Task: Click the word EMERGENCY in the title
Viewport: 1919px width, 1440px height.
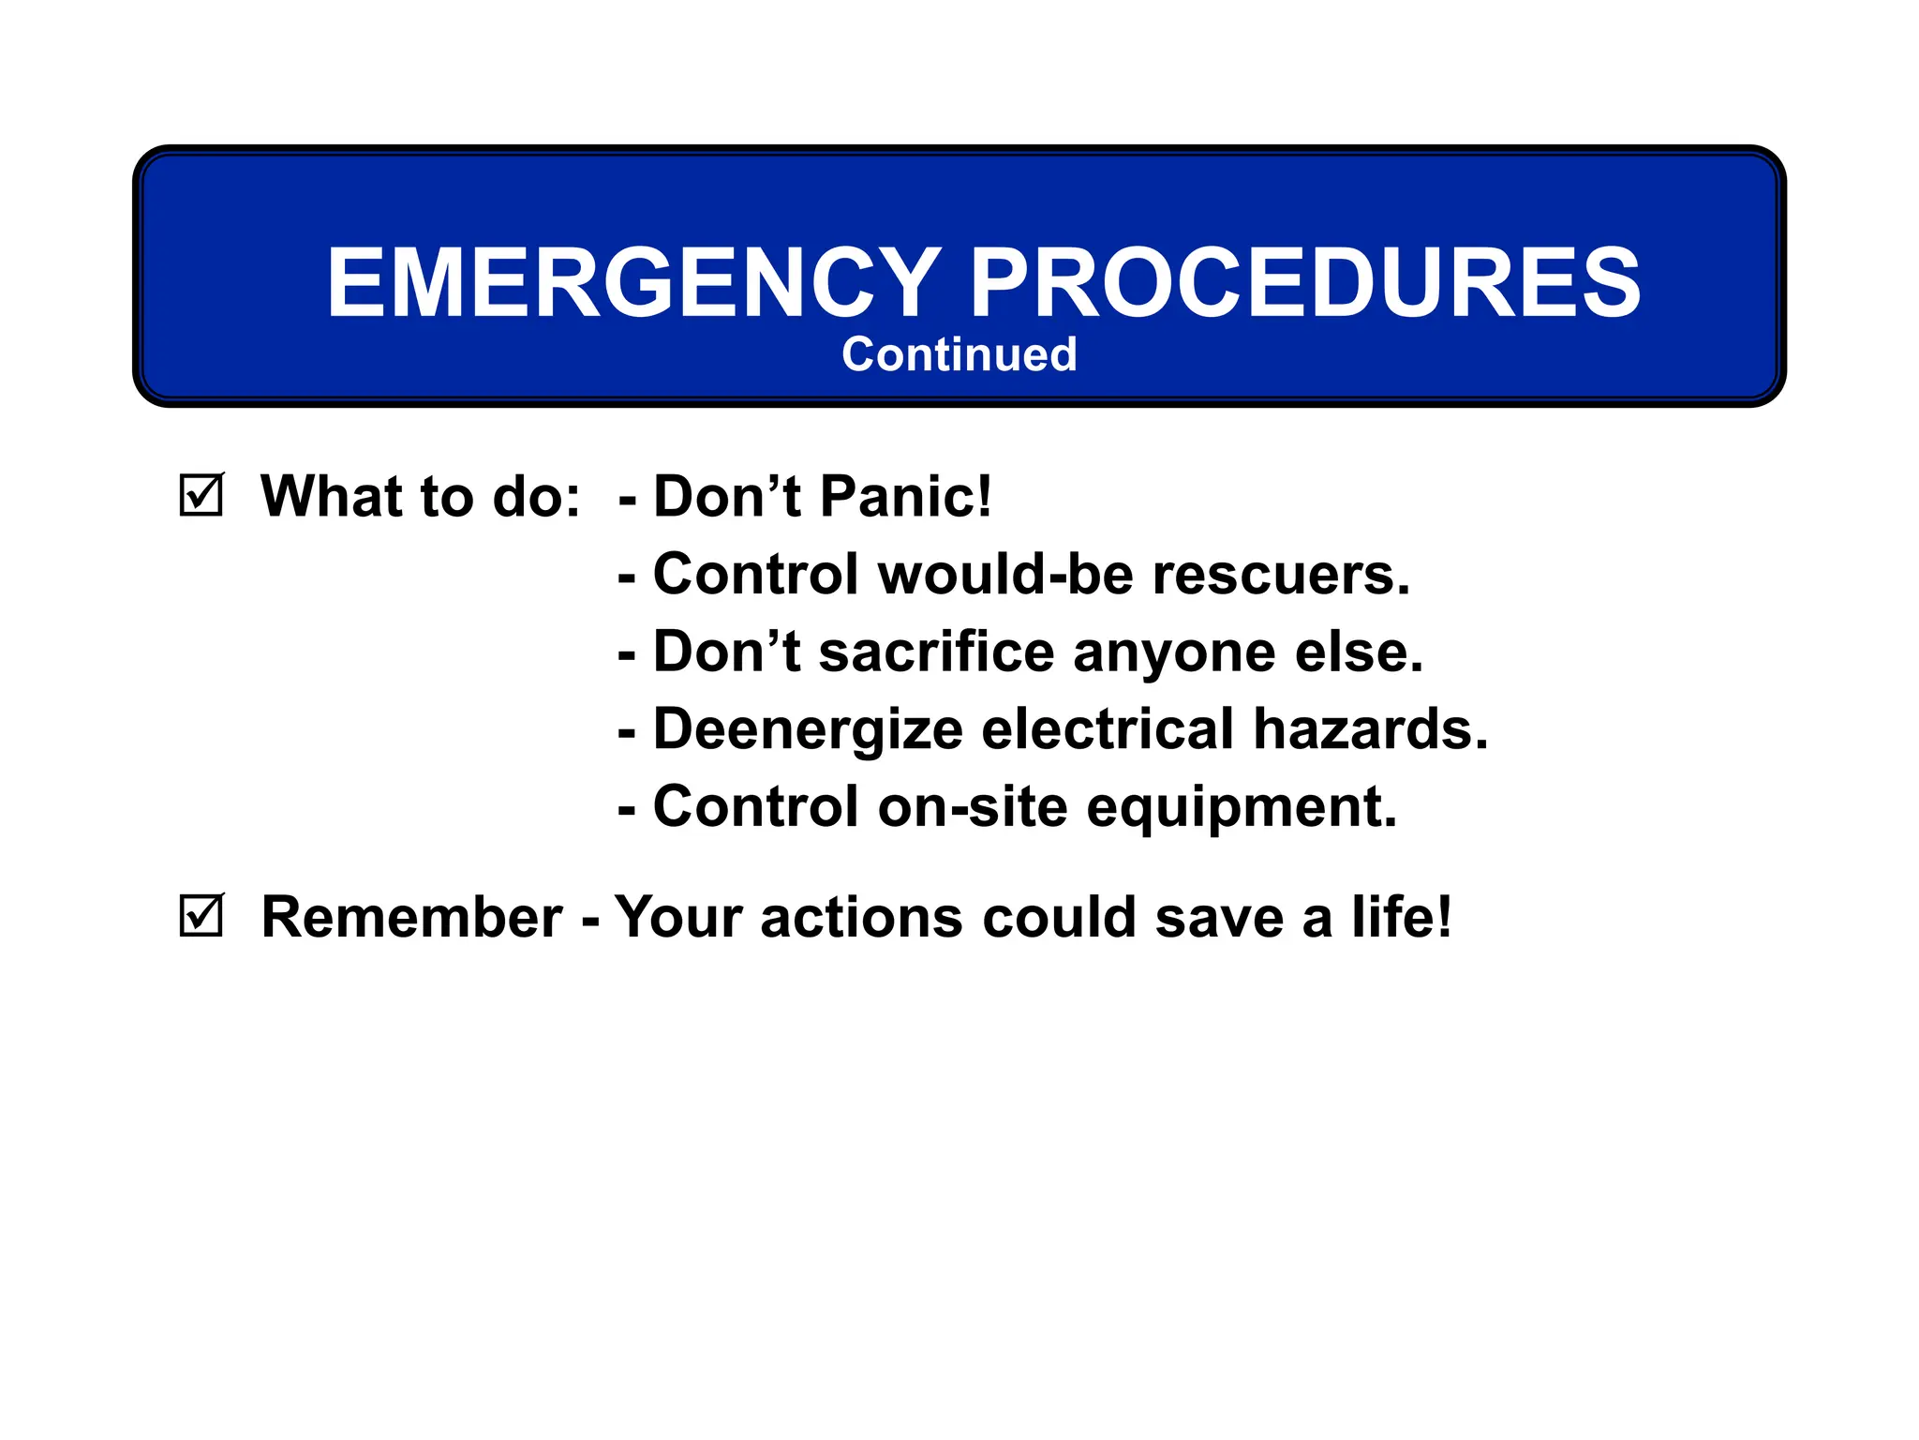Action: [633, 282]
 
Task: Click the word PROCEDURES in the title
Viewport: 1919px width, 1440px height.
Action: [1304, 282]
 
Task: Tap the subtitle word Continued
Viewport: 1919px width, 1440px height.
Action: [959, 354]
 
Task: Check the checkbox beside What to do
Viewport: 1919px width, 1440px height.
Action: [201, 495]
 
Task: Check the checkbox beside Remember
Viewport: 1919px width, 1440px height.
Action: [201, 915]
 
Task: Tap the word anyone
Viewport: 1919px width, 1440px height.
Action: [1173, 653]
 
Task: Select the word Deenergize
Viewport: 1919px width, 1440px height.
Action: [808, 730]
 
